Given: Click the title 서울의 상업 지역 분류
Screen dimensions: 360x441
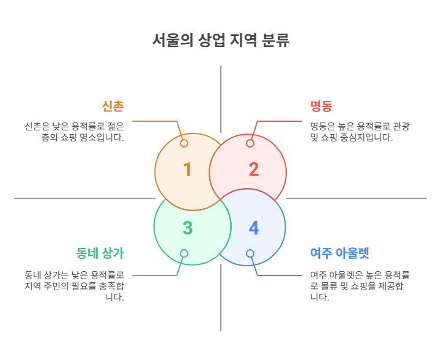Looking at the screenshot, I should coord(220,41).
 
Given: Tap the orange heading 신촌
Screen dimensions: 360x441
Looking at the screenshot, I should coord(113,107).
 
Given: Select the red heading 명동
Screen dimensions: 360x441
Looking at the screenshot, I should coord(321,107).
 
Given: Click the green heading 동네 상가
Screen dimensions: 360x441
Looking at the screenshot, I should coord(100,253).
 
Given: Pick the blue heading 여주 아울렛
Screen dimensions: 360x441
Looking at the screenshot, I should coord(339,253).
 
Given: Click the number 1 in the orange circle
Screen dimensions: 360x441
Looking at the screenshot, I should coord(187,170).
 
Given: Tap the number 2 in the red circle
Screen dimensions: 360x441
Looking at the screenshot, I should coord(253,170).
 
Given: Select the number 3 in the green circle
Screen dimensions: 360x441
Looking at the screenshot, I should coord(187,228).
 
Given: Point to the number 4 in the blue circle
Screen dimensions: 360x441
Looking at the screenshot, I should coord(253,228).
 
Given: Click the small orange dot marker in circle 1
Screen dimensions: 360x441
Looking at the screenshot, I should coord(184,143).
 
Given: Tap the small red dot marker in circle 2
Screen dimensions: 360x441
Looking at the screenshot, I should coord(250,143).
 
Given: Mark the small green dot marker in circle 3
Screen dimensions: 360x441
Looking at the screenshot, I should coord(184,253).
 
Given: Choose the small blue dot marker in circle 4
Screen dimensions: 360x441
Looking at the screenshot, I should coord(250,253).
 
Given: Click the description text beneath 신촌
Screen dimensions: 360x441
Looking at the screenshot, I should coord(74,132).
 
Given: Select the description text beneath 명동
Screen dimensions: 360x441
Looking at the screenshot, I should coord(360,132).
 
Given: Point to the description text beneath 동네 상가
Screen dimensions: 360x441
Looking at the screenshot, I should coord(74,286).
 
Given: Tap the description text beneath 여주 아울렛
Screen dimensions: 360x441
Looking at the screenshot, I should coord(360,286).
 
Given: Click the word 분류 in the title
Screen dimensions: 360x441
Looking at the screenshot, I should coord(275,41).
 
